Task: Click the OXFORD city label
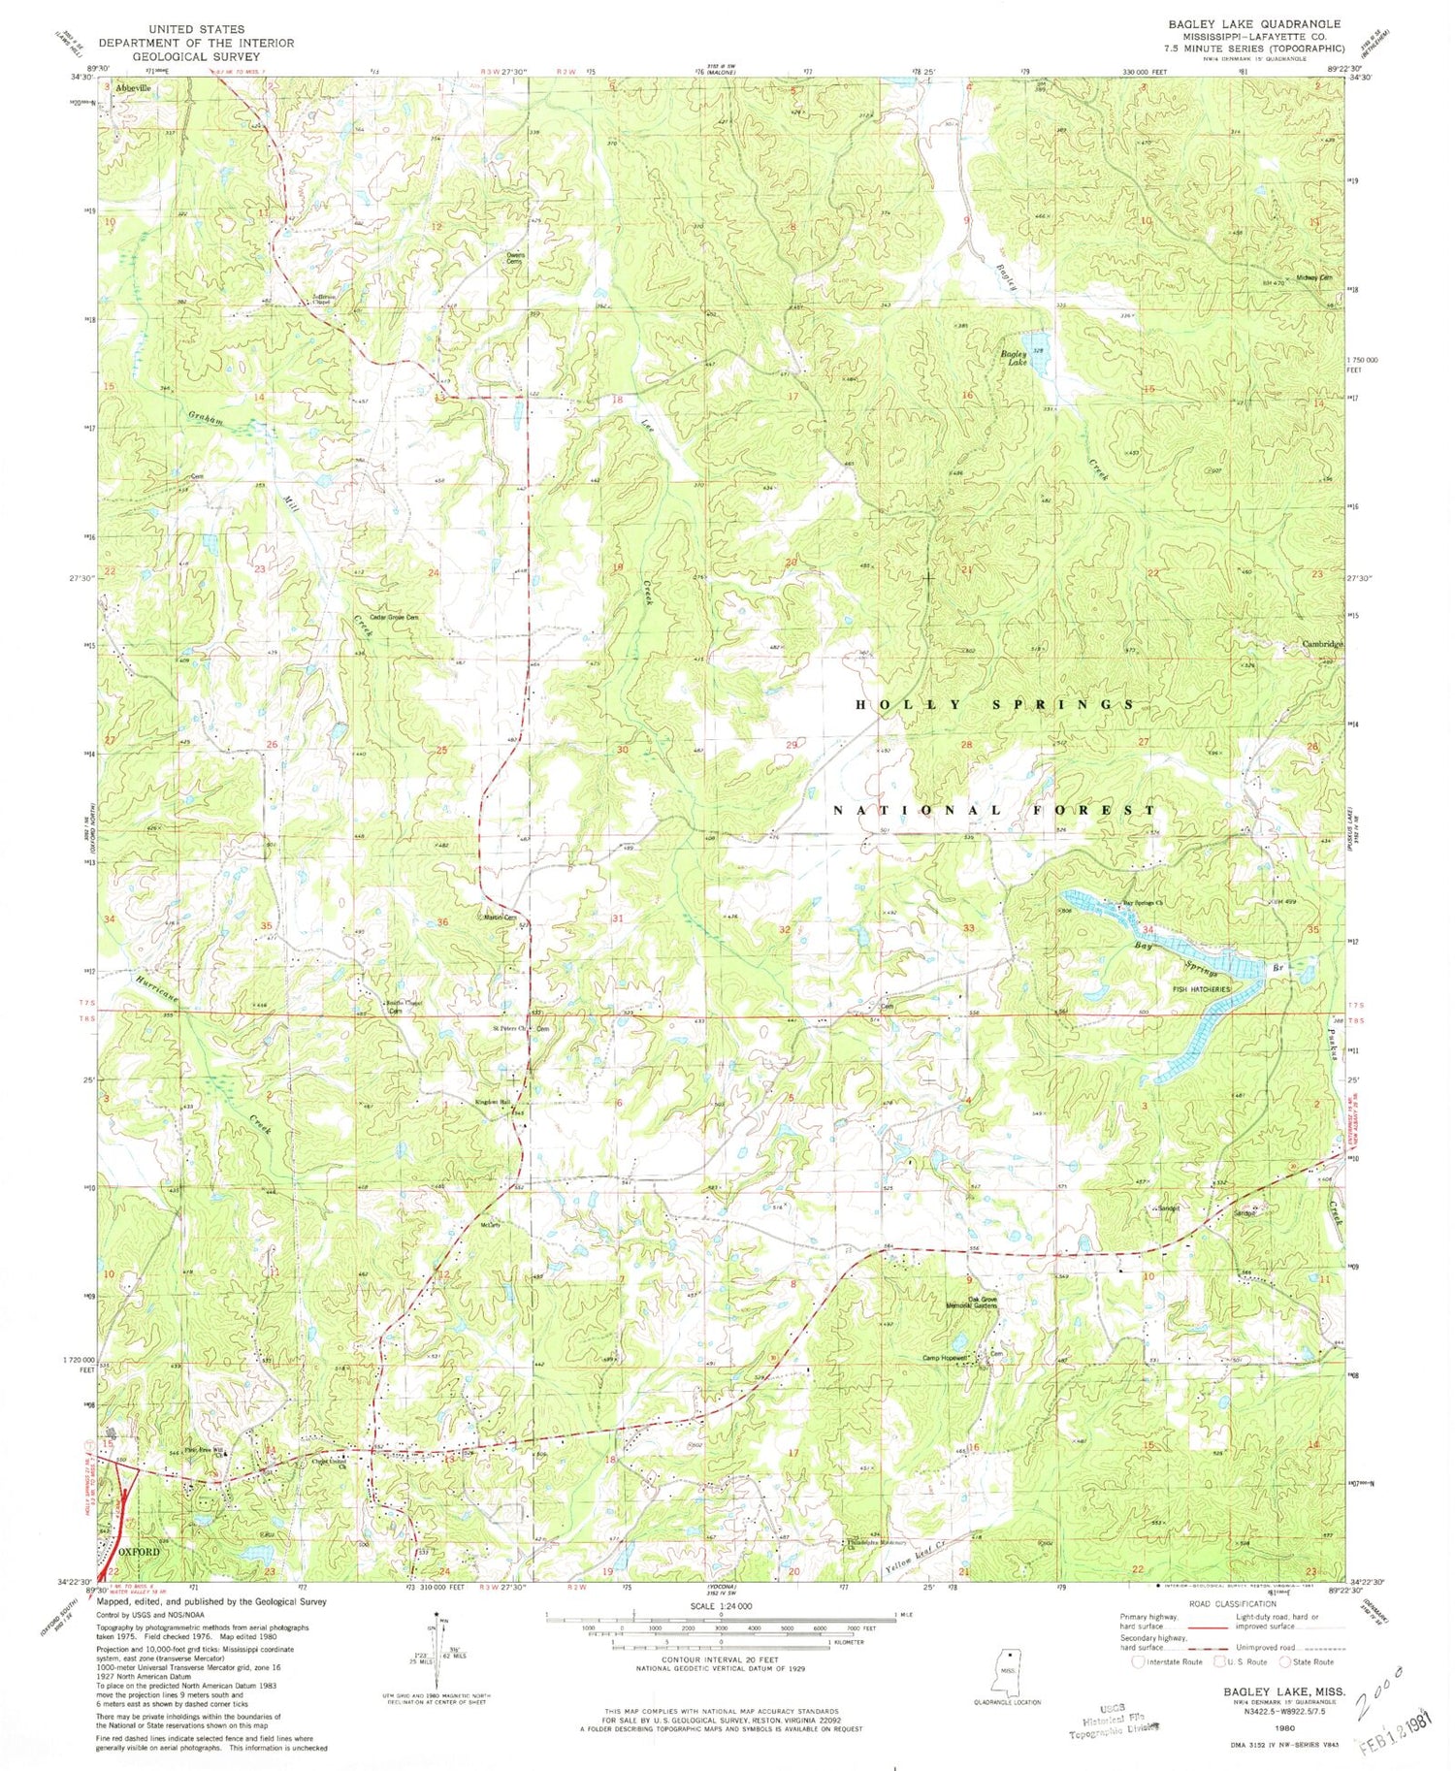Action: (140, 1552)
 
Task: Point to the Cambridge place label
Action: (1322, 644)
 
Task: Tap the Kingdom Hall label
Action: (492, 1102)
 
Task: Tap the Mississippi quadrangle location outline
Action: (1009, 1667)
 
